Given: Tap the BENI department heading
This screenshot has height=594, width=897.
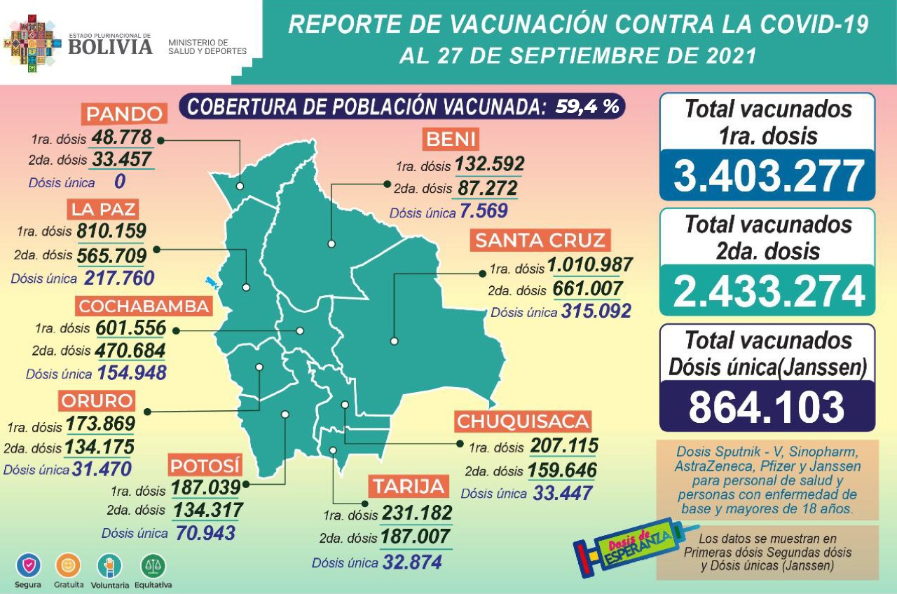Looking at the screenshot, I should (x=450, y=140).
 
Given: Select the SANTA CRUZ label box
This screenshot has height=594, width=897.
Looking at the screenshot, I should (x=540, y=241).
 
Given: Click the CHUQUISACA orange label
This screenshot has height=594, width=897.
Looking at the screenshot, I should (x=523, y=421).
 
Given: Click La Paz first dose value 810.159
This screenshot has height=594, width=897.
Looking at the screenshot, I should (x=112, y=231).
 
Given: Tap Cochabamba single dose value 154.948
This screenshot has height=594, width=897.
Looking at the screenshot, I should (x=131, y=373).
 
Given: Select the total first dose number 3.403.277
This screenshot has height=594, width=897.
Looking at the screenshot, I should (x=767, y=175).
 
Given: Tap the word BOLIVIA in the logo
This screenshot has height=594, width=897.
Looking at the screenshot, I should (x=110, y=46).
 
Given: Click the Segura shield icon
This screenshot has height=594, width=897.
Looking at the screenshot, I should (x=28, y=565).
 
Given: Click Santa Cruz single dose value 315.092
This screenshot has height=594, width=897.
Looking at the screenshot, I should (x=596, y=311).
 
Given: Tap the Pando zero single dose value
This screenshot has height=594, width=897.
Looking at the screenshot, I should (x=119, y=182).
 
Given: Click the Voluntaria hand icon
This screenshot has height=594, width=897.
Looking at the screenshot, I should (x=110, y=565).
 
